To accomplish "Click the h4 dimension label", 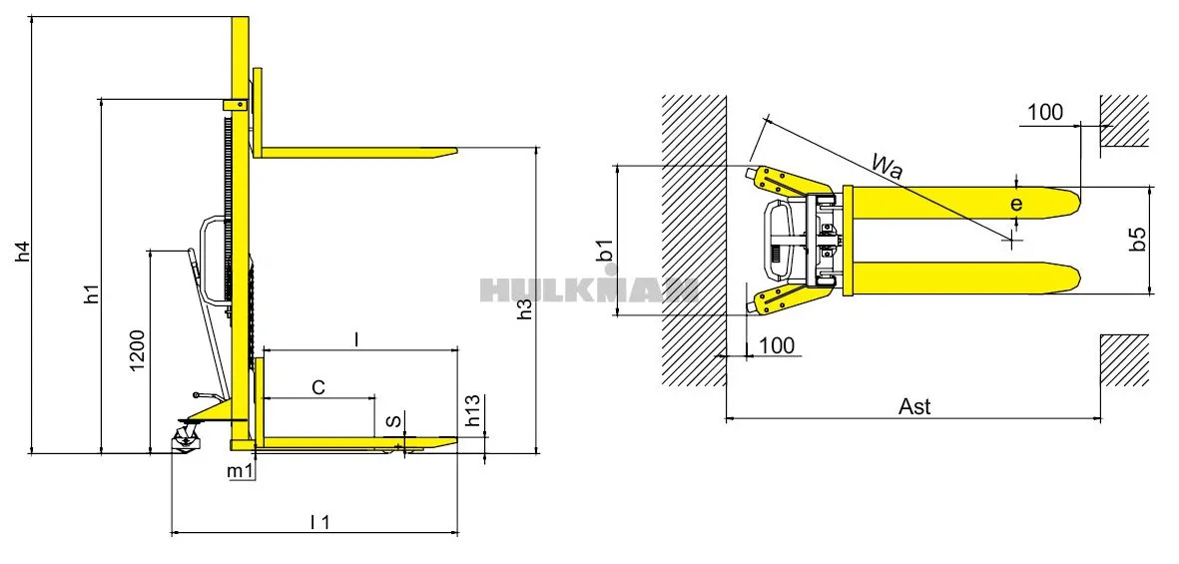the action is point(23,252).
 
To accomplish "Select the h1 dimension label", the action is point(92,293).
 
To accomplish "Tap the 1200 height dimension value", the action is point(139,351).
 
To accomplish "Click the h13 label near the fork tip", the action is point(473,411).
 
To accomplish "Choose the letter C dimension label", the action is point(318,387).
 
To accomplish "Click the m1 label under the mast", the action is point(240,471).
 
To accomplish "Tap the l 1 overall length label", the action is point(320,521).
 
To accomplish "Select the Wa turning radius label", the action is point(887,166).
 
